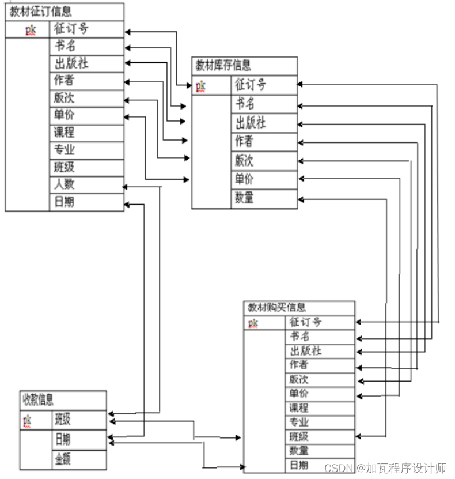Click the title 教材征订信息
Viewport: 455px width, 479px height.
coord(41,12)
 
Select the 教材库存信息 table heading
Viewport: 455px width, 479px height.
coord(223,65)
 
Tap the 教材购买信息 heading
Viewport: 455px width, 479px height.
coord(277,308)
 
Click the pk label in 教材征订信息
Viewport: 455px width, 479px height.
coord(31,29)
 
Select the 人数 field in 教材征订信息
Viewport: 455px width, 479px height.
coord(65,185)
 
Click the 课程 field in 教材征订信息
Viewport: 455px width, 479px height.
coord(65,133)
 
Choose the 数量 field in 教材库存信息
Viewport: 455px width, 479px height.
coord(244,198)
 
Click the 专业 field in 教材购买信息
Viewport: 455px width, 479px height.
coord(299,423)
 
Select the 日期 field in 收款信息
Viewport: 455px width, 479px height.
coord(63,439)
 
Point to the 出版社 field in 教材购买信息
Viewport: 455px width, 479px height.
coord(305,350)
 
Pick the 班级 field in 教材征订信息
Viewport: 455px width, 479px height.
coord(65,168)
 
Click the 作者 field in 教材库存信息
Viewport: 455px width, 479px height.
coord(244,142)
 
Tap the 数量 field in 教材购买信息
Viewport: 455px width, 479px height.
coord(299,451)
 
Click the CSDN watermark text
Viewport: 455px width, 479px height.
coord(385,467)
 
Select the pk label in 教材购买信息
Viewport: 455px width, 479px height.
coord(253,323)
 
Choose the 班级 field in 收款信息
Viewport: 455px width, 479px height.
coord(63,418)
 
